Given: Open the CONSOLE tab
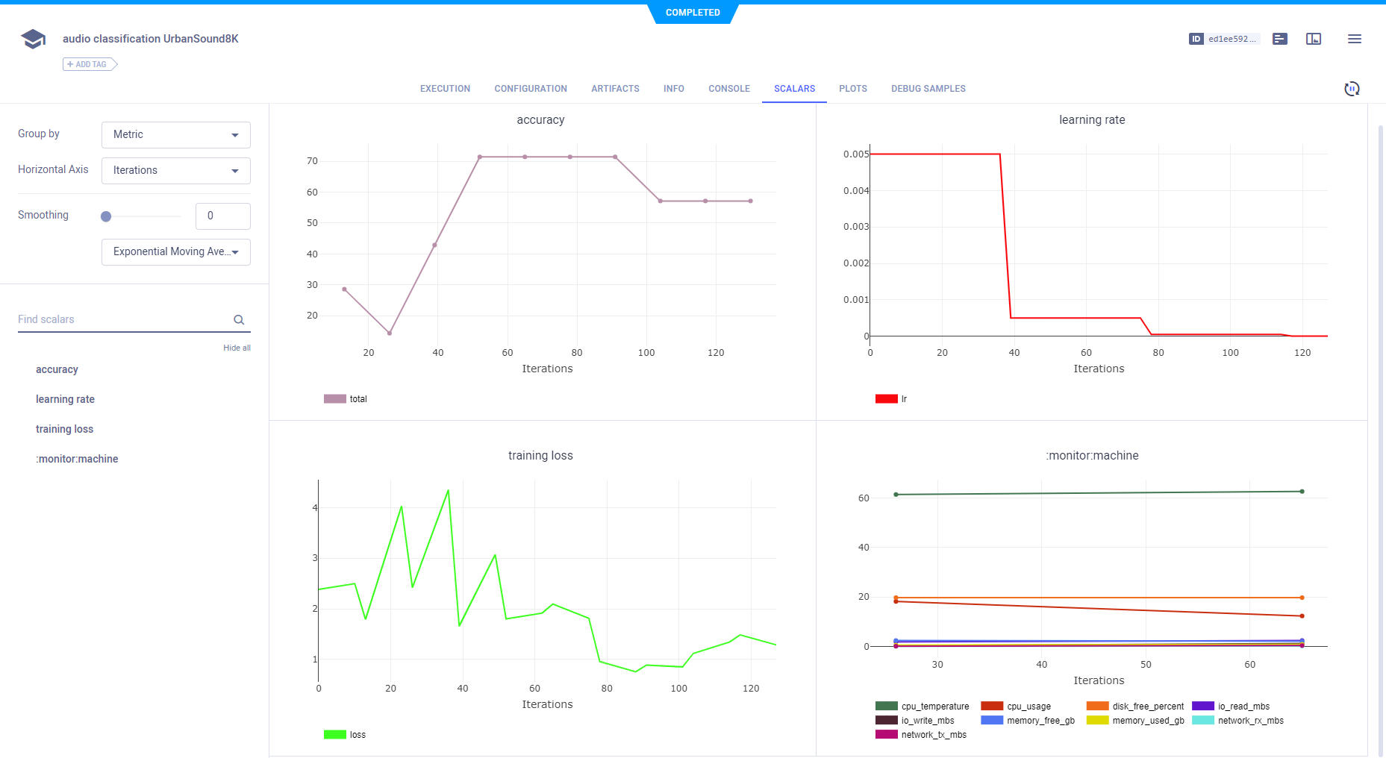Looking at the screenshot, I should tap(728, 89).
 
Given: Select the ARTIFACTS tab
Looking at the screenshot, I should tap(615, 89).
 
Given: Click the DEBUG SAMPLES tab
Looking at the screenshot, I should tap(928, 89).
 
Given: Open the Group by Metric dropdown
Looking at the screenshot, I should tap(176, 135).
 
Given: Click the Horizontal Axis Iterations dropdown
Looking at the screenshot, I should tap(176, 171).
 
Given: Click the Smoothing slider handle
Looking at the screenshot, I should tap(106, 216).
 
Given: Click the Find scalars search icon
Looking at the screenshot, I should tap(239, 320).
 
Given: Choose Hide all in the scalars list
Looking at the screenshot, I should tap(237, 348).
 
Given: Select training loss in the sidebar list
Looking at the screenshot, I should tap(65, 429).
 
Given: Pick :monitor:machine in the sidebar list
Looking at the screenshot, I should tap(77, 459).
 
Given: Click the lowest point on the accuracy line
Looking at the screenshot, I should tap(390, 333).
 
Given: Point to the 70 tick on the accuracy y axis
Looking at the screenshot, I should tap(312, 161).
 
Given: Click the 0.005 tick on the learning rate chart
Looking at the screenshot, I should tap(855, 154).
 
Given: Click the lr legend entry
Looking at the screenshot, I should tap(891, 399).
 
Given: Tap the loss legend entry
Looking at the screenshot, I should tap(345, 735).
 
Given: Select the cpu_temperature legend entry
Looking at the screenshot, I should tap(923, 707).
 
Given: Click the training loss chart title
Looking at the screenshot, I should tap(540, 456).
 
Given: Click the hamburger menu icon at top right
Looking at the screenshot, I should tap(1354, 39).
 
